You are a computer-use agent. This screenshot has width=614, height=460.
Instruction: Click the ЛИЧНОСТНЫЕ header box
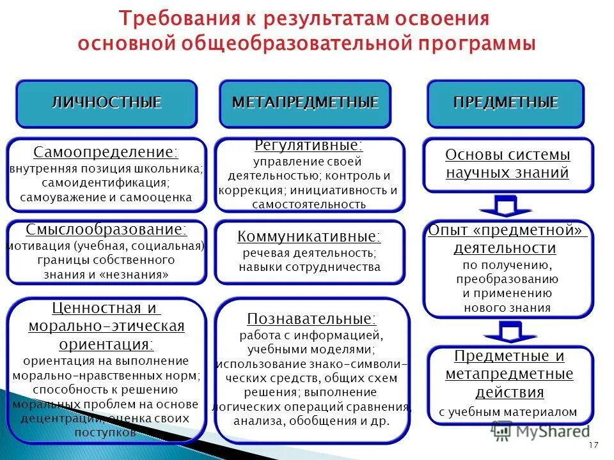click(x=106, y=103)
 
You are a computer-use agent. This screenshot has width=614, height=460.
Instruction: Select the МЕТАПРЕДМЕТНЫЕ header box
click(x=305, y=103)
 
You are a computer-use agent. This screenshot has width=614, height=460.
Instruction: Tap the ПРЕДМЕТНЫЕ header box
click(x=505, y=103)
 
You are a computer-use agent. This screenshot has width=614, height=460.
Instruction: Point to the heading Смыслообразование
click(x=106, y=229)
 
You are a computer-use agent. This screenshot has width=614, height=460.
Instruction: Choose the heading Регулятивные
click(x=309, y=146)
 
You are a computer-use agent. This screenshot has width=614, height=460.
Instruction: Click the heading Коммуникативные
click(x=309, y=237)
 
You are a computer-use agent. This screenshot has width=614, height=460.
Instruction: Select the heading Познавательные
click(x=311, y=318)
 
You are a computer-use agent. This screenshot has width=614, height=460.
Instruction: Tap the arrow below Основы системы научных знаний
click(x=505, y=206)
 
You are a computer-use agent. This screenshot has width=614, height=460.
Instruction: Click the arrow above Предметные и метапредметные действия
click(x=505, y=332)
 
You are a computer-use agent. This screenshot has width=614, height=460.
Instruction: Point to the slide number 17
click(x=592, y=445)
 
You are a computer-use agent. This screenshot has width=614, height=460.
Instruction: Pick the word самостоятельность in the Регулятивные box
click(x=309, y=204)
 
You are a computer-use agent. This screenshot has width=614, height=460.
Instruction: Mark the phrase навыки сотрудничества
click(x=310, y=267)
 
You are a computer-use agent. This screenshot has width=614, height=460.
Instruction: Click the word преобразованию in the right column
click(x=507, y=279)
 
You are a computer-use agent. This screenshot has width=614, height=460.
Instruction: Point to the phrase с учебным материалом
click(x=508, y=412)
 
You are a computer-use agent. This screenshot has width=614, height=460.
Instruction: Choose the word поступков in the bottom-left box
click(x=106, y=433)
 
